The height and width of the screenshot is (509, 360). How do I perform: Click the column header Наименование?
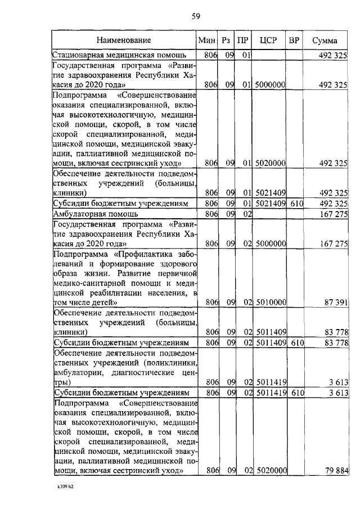tap(123, 40)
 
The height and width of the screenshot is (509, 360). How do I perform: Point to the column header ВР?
tap(293, 40)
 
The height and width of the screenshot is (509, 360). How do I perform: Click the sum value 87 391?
tap(336, 302)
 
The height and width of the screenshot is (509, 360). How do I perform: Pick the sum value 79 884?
tap(336, 470)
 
